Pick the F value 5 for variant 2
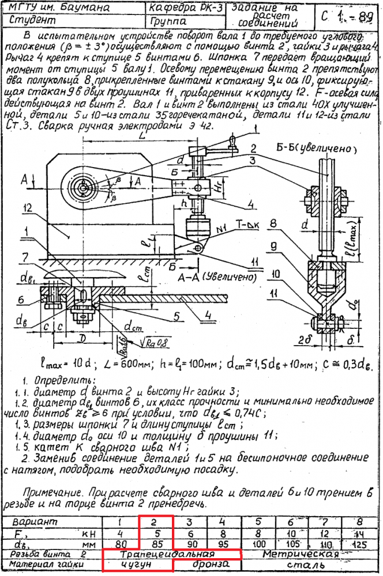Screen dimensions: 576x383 coord(155,533)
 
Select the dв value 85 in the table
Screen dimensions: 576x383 coord(155,543)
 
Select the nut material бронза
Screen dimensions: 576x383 coord(210,564)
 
